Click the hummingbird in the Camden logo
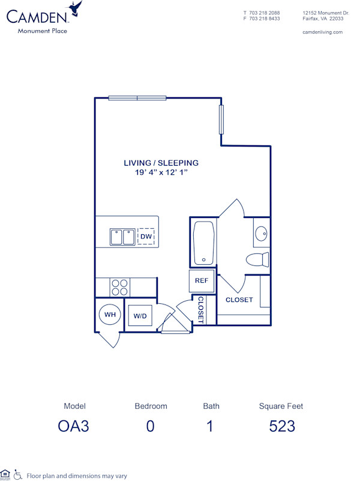(76, 8)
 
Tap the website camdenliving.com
(323, 32)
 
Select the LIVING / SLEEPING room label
(161, 163)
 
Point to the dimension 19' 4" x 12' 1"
(161, 172)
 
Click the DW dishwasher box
(146, 237)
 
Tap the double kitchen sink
(122, 237)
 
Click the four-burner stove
(119, 287)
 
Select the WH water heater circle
(110, 314)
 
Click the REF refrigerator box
(201, 280)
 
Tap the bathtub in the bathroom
(203, 243)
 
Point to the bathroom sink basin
(261, 234)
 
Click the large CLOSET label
(239, 300)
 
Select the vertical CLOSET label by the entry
(200, 310)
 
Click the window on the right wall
(221, 119)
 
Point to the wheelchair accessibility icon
(18, 474)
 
